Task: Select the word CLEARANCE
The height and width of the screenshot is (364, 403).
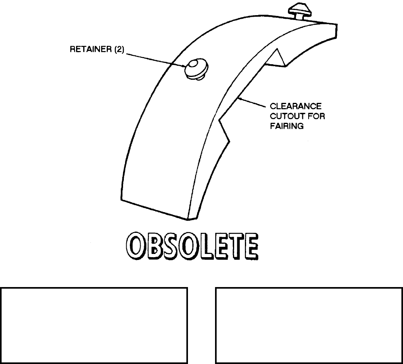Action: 296,107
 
